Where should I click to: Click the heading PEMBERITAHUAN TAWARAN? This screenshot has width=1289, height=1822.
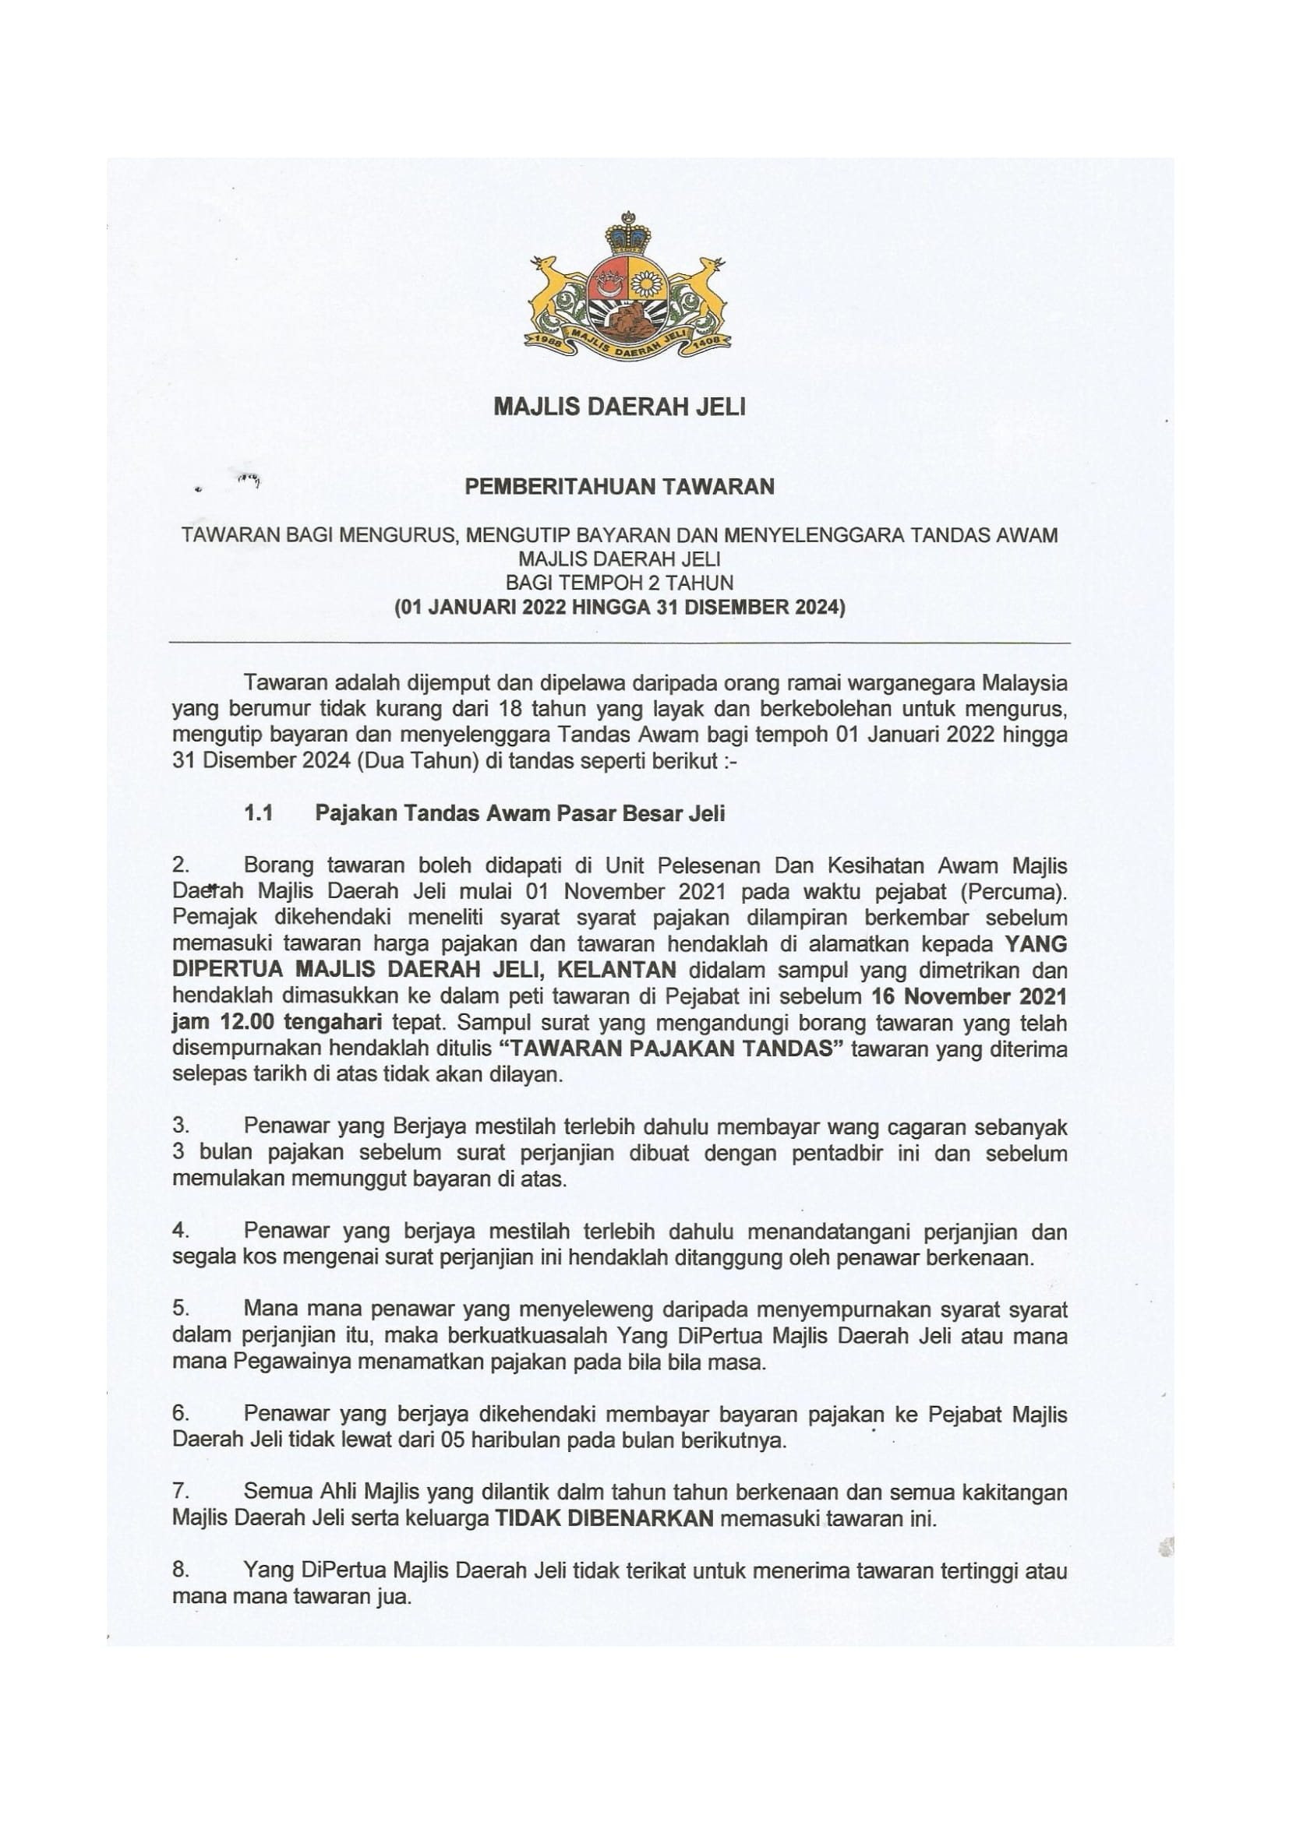[x=619, y=486]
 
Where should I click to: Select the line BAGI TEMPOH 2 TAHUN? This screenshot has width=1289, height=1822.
[x=620, y=583]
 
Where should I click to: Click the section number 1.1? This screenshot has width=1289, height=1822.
[x=258, y=813]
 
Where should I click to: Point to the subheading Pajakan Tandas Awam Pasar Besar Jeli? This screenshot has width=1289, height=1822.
[x=520, y=813]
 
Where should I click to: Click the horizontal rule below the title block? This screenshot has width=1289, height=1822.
[x=620, y=642]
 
